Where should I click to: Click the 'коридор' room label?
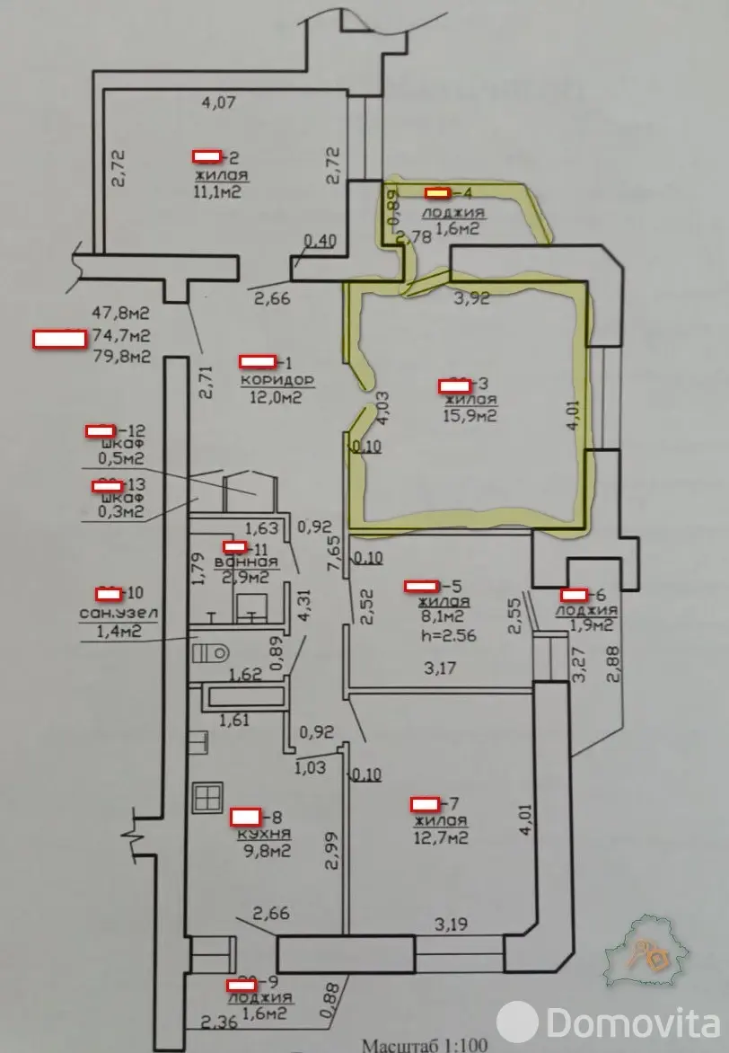(269, 379)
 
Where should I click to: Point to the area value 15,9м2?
(470, 416)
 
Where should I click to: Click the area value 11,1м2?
(218, 191)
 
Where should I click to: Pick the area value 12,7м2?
(441, 838)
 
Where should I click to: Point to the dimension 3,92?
(471, 300)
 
